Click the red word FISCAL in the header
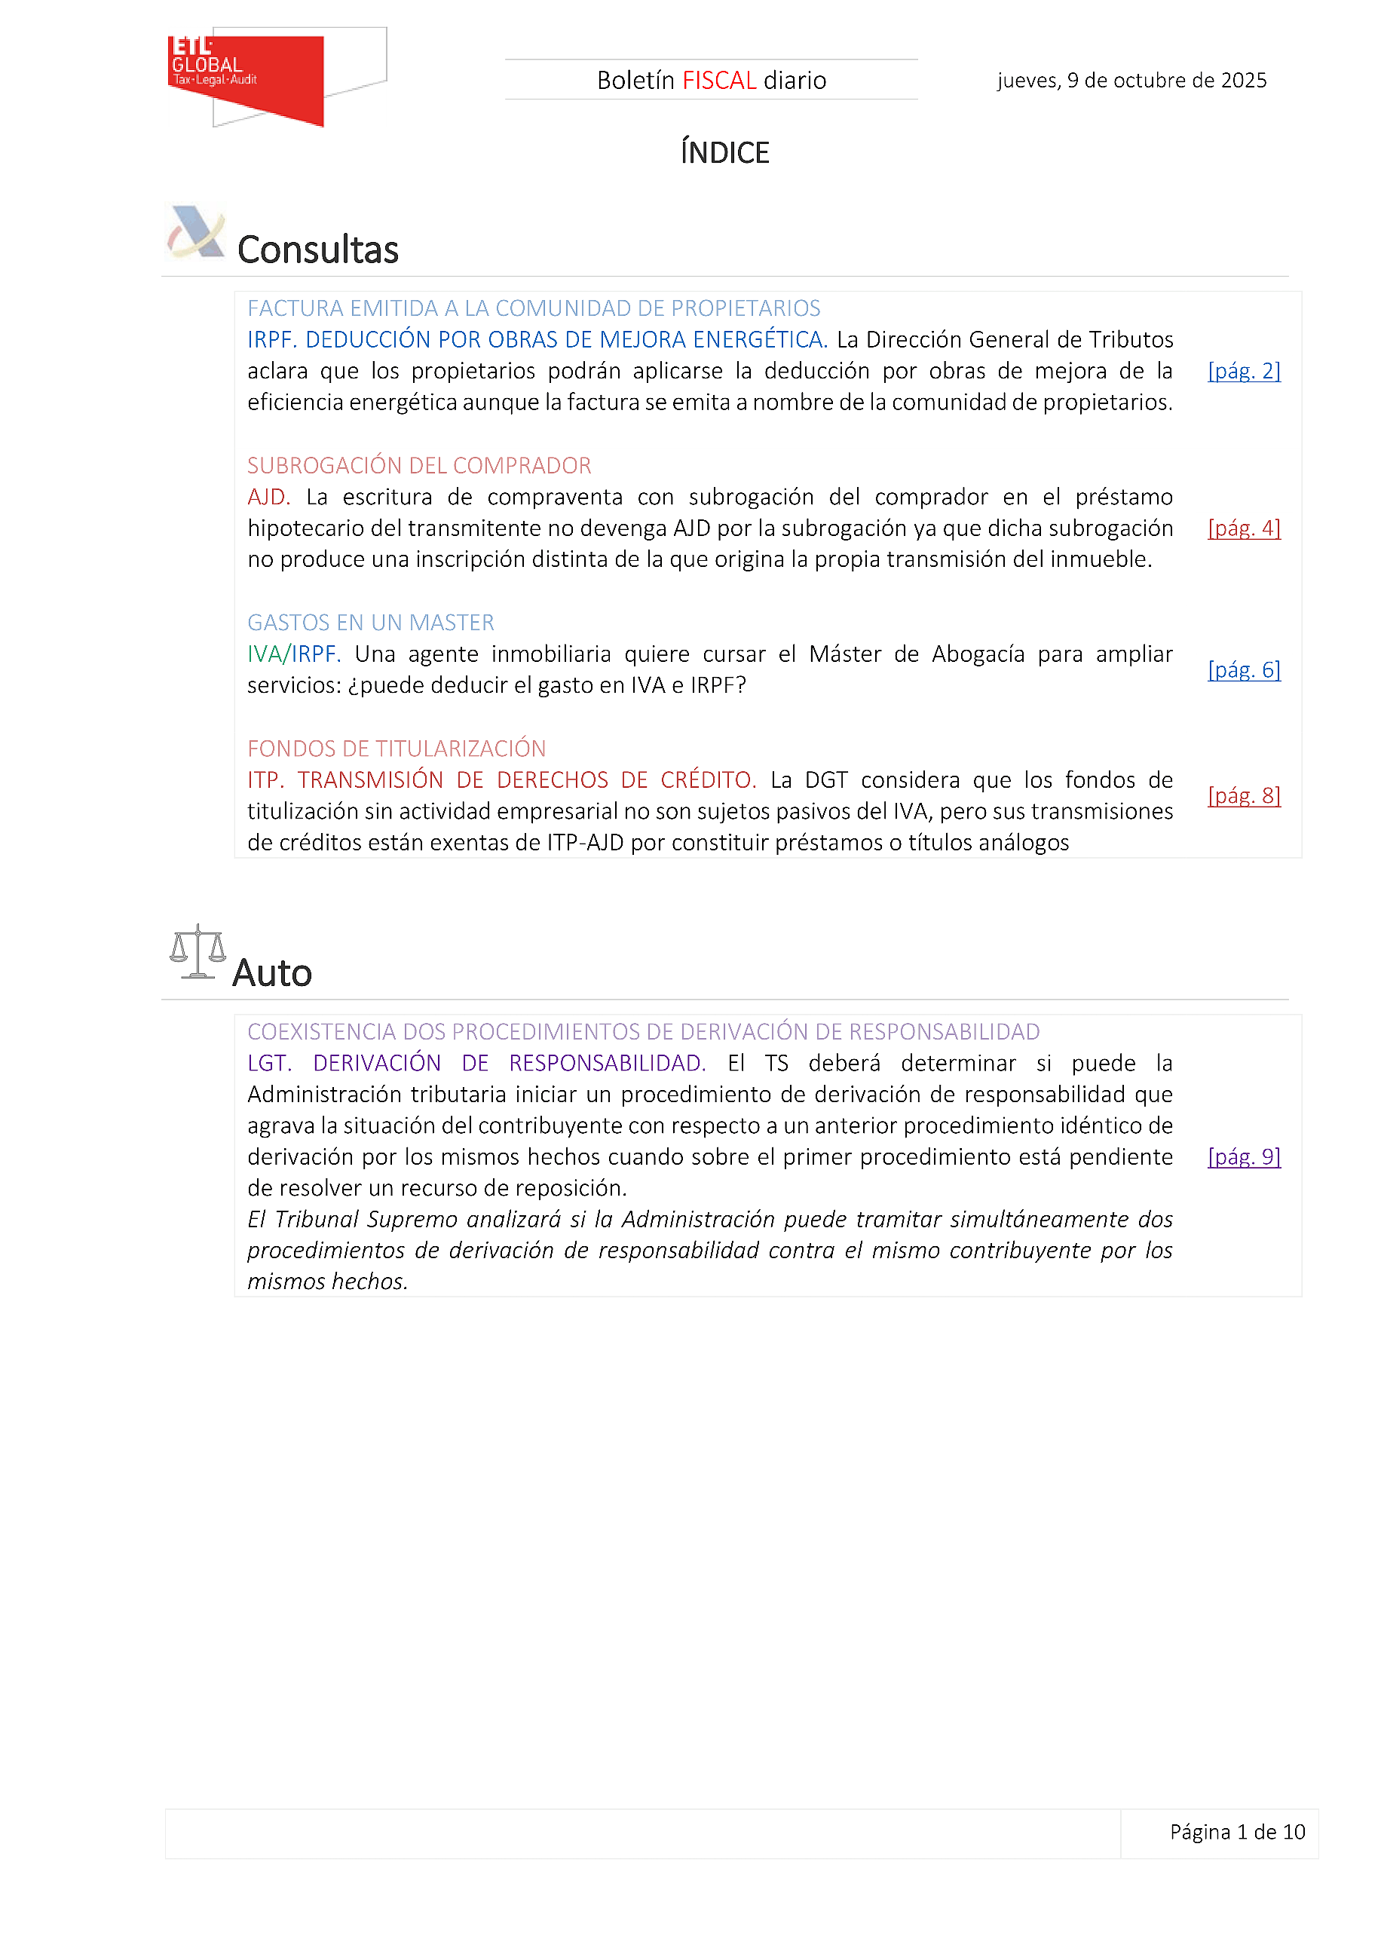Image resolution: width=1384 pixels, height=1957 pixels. click(x=719, y=80)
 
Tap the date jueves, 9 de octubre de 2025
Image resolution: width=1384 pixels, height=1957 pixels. click(x=1131, y=80)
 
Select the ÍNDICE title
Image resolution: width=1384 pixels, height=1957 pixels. click(x=724, y=152)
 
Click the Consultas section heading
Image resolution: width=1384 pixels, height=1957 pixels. click(x=317, y=250)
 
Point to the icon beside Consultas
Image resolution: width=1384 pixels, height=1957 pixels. click(x=196, y=232)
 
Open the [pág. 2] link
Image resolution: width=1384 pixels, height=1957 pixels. click(x=1243, y=371)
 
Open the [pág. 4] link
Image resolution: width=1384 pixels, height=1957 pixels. click(x=1243, y=528)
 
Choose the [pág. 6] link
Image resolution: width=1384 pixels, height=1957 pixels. click(x=1243, y=669)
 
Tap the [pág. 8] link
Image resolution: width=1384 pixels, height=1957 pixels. click(x=1243, y=795)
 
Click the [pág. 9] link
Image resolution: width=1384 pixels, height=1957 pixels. click(x=1243, y=1156)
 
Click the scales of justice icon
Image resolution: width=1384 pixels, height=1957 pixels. click(x=197, y=951)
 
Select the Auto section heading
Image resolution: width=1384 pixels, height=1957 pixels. click(x=272, y=972)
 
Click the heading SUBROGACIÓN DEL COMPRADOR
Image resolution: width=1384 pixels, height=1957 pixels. click(x=418, y=465)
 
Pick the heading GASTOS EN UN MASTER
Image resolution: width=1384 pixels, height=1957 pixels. click(x=371, y=622)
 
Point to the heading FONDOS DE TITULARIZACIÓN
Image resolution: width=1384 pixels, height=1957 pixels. click(x=397, y=749)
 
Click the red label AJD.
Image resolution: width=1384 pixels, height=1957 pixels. click(x=268, y=497)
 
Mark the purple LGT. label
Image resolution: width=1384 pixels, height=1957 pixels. click(x=269, y=1063)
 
